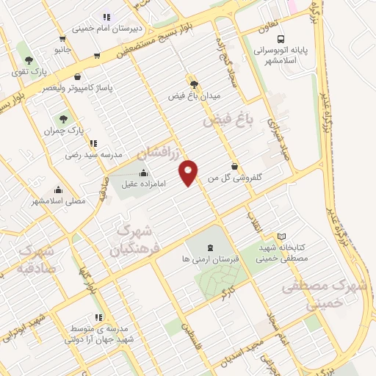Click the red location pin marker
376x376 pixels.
click(x=189, y=172)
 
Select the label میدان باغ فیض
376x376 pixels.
click(x=195, y=95)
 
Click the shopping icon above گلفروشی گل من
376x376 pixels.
click(x=234, y=165)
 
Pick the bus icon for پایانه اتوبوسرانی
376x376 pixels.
click(x=280, y=40)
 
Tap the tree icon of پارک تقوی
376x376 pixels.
click(x=29, y=60)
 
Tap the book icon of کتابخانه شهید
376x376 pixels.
click(x=282, y=236)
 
